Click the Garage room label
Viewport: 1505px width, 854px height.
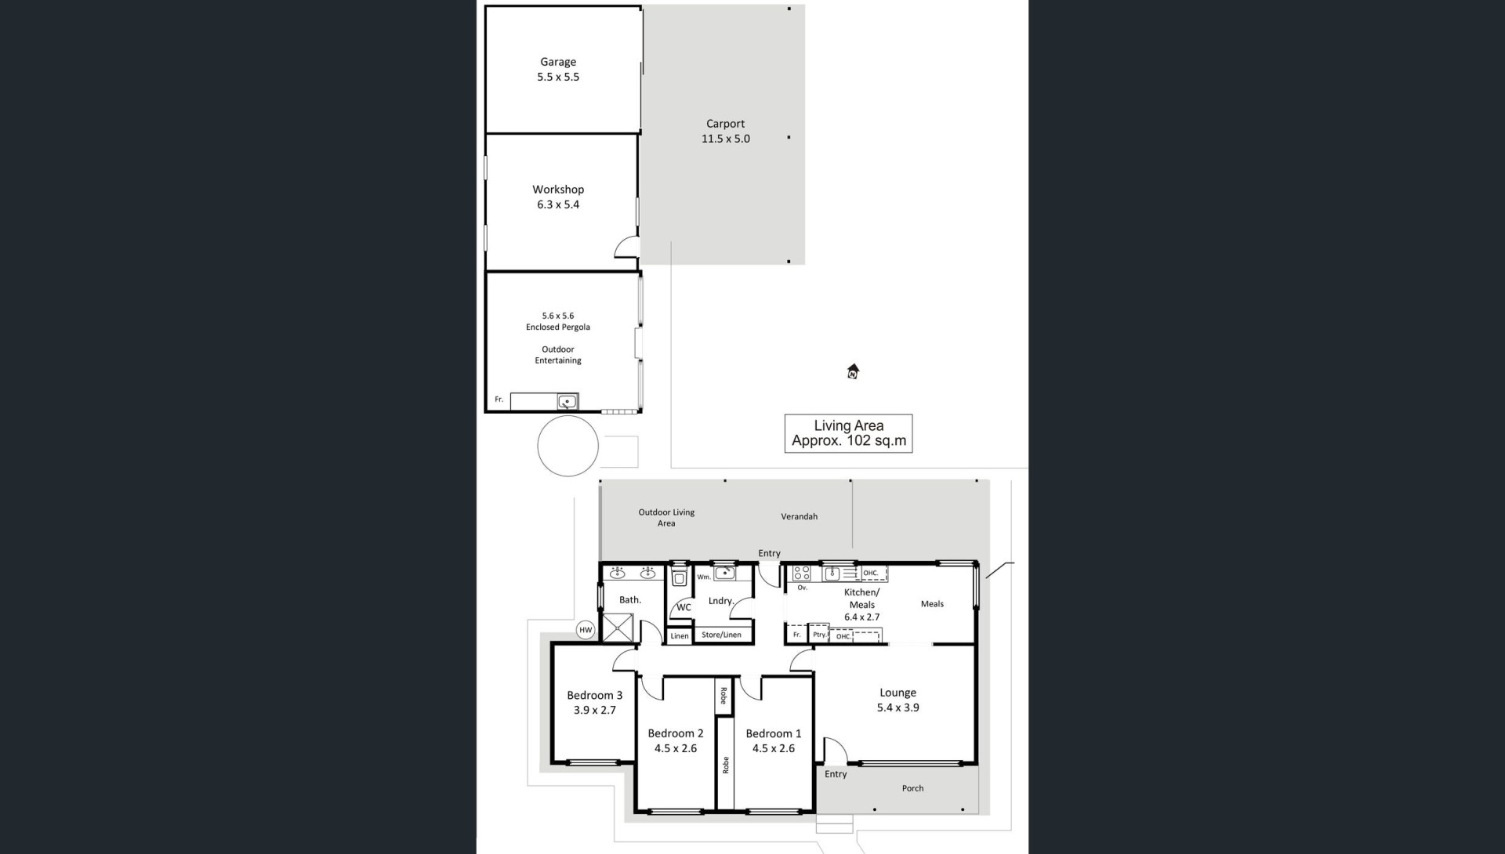[x=558, y=62]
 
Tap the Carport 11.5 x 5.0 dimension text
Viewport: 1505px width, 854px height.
[x=726, y=139]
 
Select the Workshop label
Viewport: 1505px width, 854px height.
[x=558, y=190]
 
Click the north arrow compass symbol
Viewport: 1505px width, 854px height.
[x=853, y=371]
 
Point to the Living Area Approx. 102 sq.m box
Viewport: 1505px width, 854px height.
[x=849, y=433]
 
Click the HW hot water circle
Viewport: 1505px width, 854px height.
[x=586, y=630]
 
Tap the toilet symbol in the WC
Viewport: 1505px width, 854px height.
[x=680, y=578]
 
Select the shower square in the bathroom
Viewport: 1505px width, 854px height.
[x=618, y=628]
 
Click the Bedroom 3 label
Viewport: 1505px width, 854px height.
[x=595, y=696]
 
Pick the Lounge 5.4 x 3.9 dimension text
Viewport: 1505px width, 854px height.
[x=898, y=707]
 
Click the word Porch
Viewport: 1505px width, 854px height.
[x=912, y=788]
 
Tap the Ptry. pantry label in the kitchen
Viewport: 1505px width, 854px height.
[x=819, y=635]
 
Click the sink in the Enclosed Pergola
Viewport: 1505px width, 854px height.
[x=567, y=402]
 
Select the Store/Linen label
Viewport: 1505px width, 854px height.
[x=721, y=635]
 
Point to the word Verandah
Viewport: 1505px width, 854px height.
[x=800, y=516]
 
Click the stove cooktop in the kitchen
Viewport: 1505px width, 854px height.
[x=801, y=573]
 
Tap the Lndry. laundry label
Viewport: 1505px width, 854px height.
[x=721, y=601]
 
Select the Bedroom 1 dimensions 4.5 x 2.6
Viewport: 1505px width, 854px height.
[x=774, y=748]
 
